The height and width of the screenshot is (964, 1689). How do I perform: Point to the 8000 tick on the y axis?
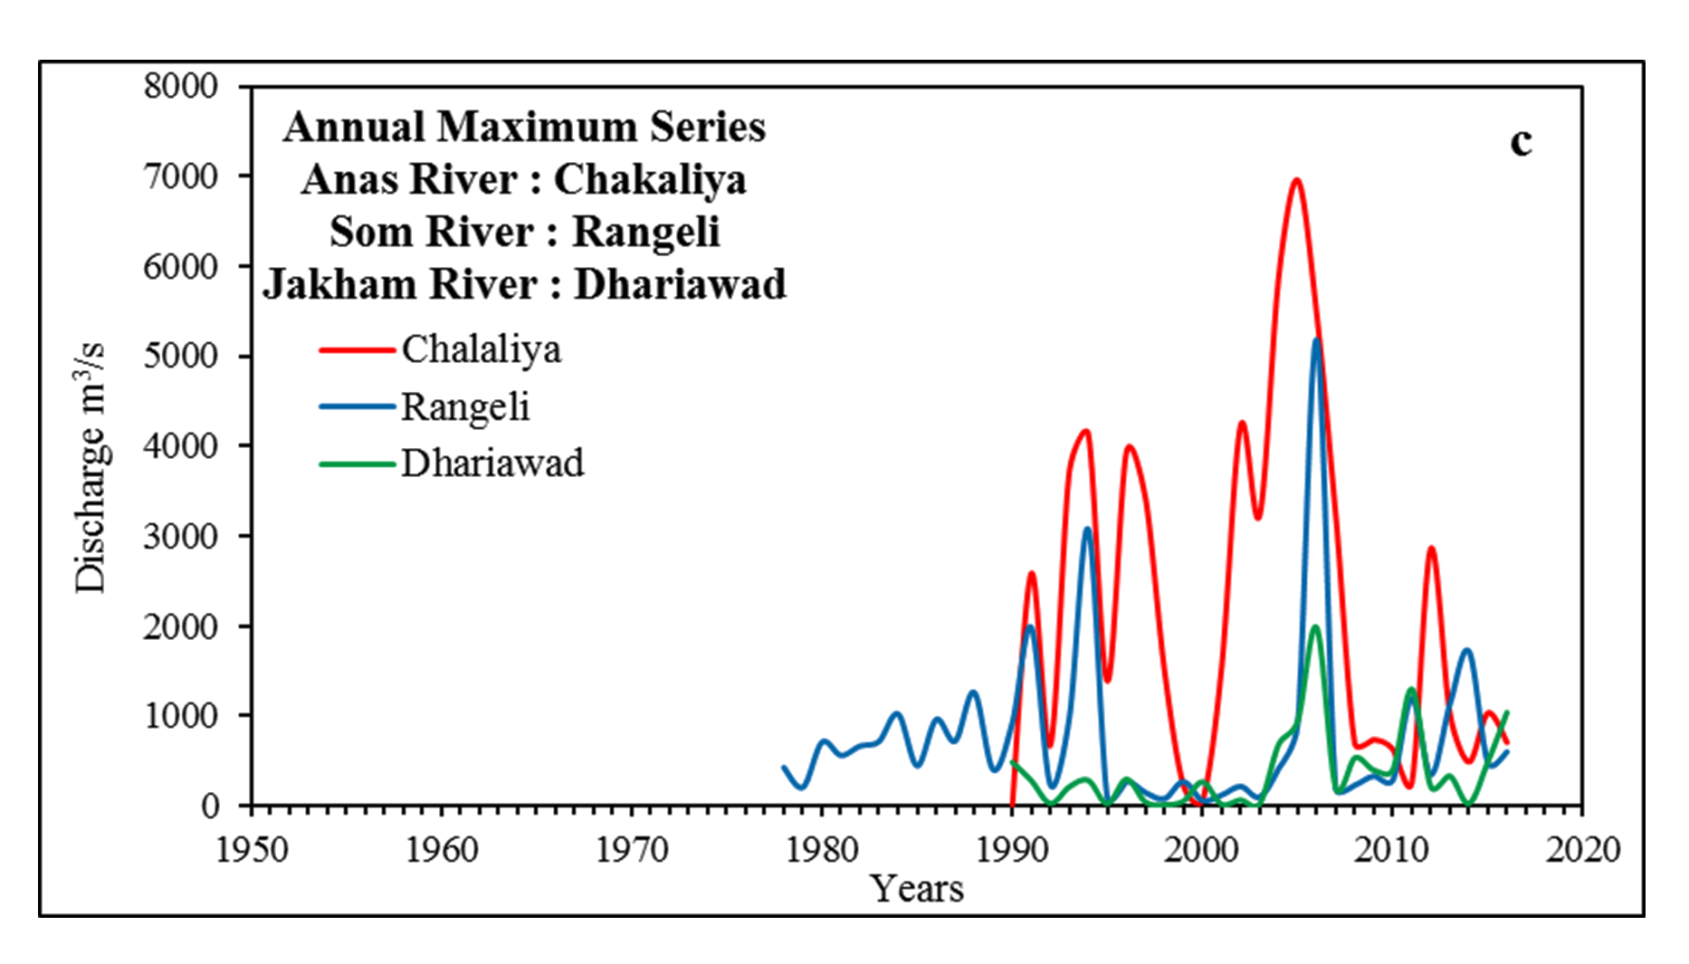pyautogui.click(x=181, y=87)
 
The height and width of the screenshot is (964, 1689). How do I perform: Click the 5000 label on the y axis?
pyautogui.click(x=181, y=356)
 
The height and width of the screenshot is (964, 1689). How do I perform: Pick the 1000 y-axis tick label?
pyautogui.click(x=181, y=715)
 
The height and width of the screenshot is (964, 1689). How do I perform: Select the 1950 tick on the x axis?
pyautogui.click(x=252, y=850)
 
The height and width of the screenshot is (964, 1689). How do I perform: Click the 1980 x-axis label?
pyautogui.click(x=822, y=850)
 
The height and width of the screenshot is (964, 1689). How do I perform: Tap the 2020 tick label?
pyautogui.click(x=1582, y=850)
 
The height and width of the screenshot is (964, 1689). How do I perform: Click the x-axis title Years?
pyautogui.click(x=917, y=889)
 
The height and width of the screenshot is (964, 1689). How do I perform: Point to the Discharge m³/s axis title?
pyautogui.click(x=91, y=468)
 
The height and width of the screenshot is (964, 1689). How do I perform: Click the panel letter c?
pyautogui.click(x=1522, y=142)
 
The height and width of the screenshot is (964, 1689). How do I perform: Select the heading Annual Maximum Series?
pyautogui.click(x=524, y=127)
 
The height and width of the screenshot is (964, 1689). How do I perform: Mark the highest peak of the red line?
pyautogui.click(x=1296, y=180)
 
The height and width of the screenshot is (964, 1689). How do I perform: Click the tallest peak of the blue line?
pyautogui.click(x=1317, y=339)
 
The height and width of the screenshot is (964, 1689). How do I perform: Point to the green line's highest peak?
pyautogui.click(x=1315, y=627)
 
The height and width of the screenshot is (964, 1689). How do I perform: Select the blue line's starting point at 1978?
pyautogui.click(x=784, y=768)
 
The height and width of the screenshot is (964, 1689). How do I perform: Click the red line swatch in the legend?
pyautogui.click(x=358, y=349)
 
